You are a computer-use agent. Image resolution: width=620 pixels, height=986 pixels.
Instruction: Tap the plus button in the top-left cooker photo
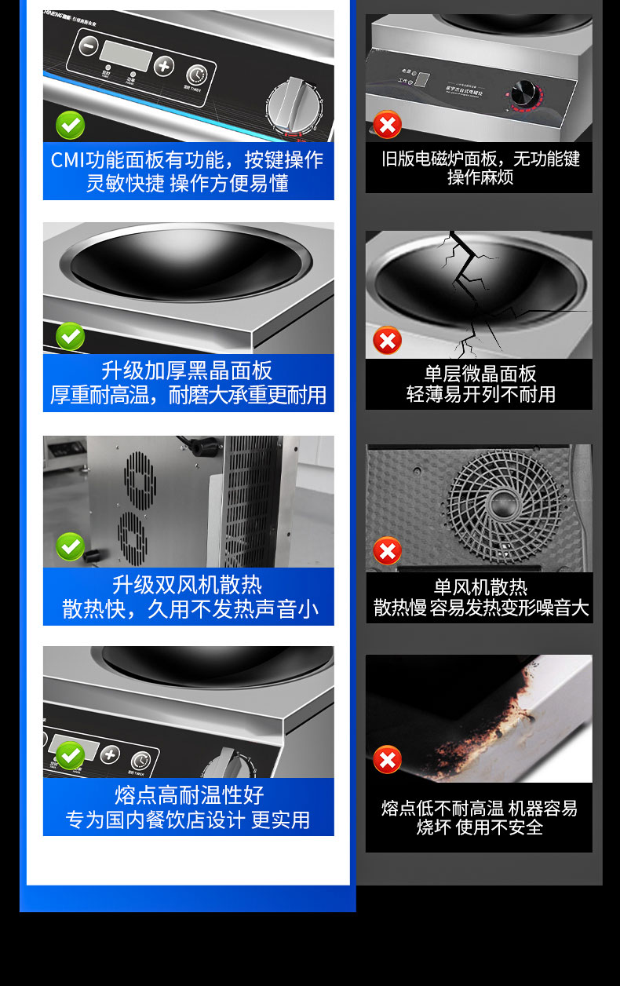click(x=163, y=66)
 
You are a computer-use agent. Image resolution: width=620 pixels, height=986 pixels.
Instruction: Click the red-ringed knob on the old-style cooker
click(x=523, y=93)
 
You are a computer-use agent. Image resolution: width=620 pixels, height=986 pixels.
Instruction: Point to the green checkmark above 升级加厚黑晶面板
click(x=70, y=337)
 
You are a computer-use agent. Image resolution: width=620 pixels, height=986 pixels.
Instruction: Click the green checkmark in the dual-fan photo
click(x=70, y=546)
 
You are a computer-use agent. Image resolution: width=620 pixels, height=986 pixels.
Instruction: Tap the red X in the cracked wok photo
click(x=387, y=341)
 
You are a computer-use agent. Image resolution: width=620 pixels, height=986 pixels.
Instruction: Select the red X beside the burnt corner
click(x=387, y=760)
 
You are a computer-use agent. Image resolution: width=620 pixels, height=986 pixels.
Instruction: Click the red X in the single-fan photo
click(x=387, y=551)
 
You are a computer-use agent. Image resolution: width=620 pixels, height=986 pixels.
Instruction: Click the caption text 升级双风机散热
click(x=187, y=585)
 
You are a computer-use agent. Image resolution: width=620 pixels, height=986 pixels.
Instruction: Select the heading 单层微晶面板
click(x=480, y=373)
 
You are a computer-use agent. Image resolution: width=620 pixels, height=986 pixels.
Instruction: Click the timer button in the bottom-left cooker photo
click(x=140, y=761)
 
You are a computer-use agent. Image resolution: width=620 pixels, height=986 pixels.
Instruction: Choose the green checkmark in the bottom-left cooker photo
click(x=70, y=755)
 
